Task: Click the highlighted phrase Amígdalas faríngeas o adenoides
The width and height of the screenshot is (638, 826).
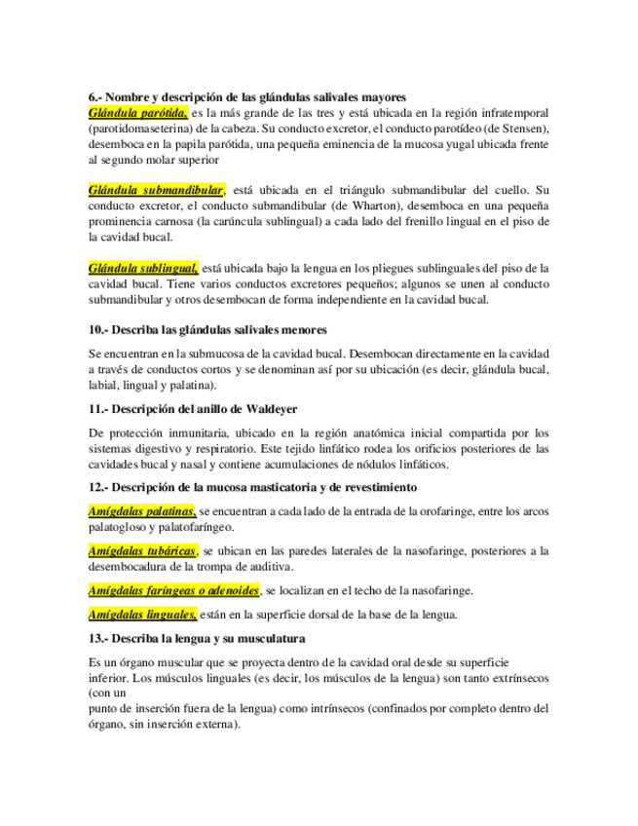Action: point(173,590)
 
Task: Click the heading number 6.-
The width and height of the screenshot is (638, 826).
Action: point(94,97)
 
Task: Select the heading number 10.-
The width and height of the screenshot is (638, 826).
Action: point(98,330)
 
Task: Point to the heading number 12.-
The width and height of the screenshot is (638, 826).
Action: point(98,487)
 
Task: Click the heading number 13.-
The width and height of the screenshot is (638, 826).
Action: point(98,639)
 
